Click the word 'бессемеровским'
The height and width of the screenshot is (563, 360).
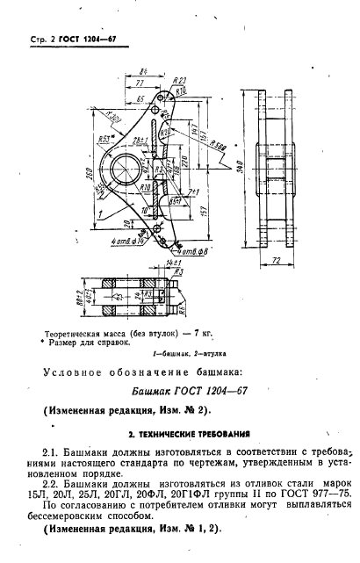(83, 521)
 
